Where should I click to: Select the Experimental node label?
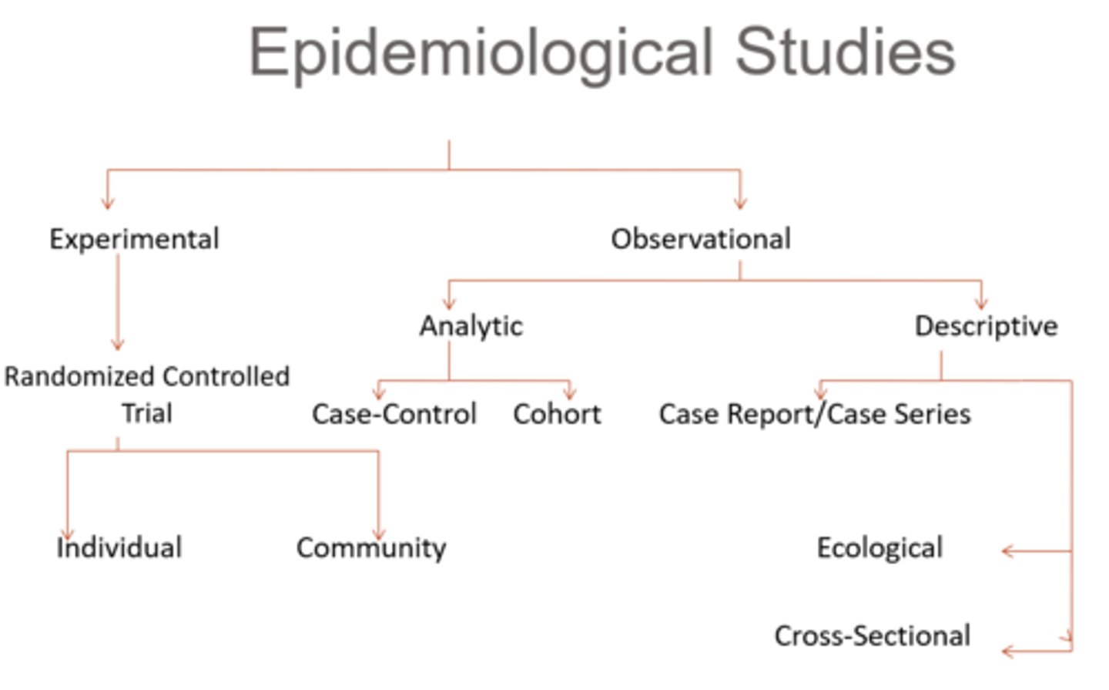click(x=134, y=239)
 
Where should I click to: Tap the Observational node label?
click(x=701, y=239)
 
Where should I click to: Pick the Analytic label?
click(x=471, y=326)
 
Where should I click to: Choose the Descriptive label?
click(x=986, y=326)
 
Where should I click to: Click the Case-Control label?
click(x=394, y=414)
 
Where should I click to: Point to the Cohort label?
click(x=557, y=414)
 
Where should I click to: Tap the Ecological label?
click(x=879, y=548)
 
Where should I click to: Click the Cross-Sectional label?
click(x=872, y=636)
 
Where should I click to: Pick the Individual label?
click(x=119, y=548)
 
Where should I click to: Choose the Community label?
click(x=371, y=548)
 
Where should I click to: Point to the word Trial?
click(x=146, y=413)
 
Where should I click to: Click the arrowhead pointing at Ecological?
click(x=1007, y=551)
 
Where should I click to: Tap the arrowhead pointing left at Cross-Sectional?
click(x=1007, y=651)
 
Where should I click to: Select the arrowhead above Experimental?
click(x=107, y=204)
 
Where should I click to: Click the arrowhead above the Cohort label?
click(x=570, y=393)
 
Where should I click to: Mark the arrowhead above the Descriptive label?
click(x=981, y=305)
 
